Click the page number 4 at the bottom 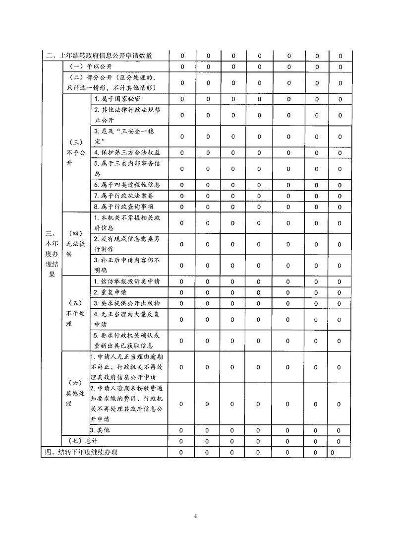coord(196,516)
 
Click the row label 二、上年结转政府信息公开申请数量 coord(99,56)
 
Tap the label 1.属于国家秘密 coord(120,99)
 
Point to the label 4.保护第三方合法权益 coord(127,153)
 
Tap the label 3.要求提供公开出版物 coord(127,303)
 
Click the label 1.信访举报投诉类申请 coord(127,281)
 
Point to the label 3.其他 coord(99,430)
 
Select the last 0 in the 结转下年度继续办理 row coord(332,452)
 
